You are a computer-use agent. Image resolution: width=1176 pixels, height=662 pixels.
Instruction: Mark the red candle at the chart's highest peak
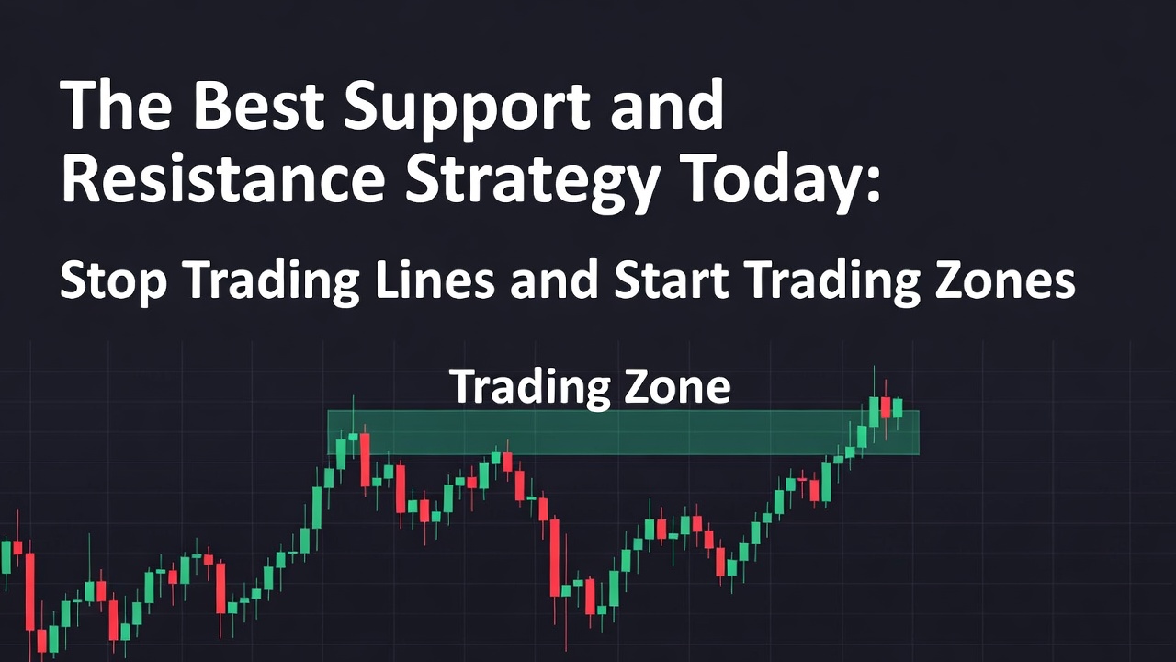coord(886,407)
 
